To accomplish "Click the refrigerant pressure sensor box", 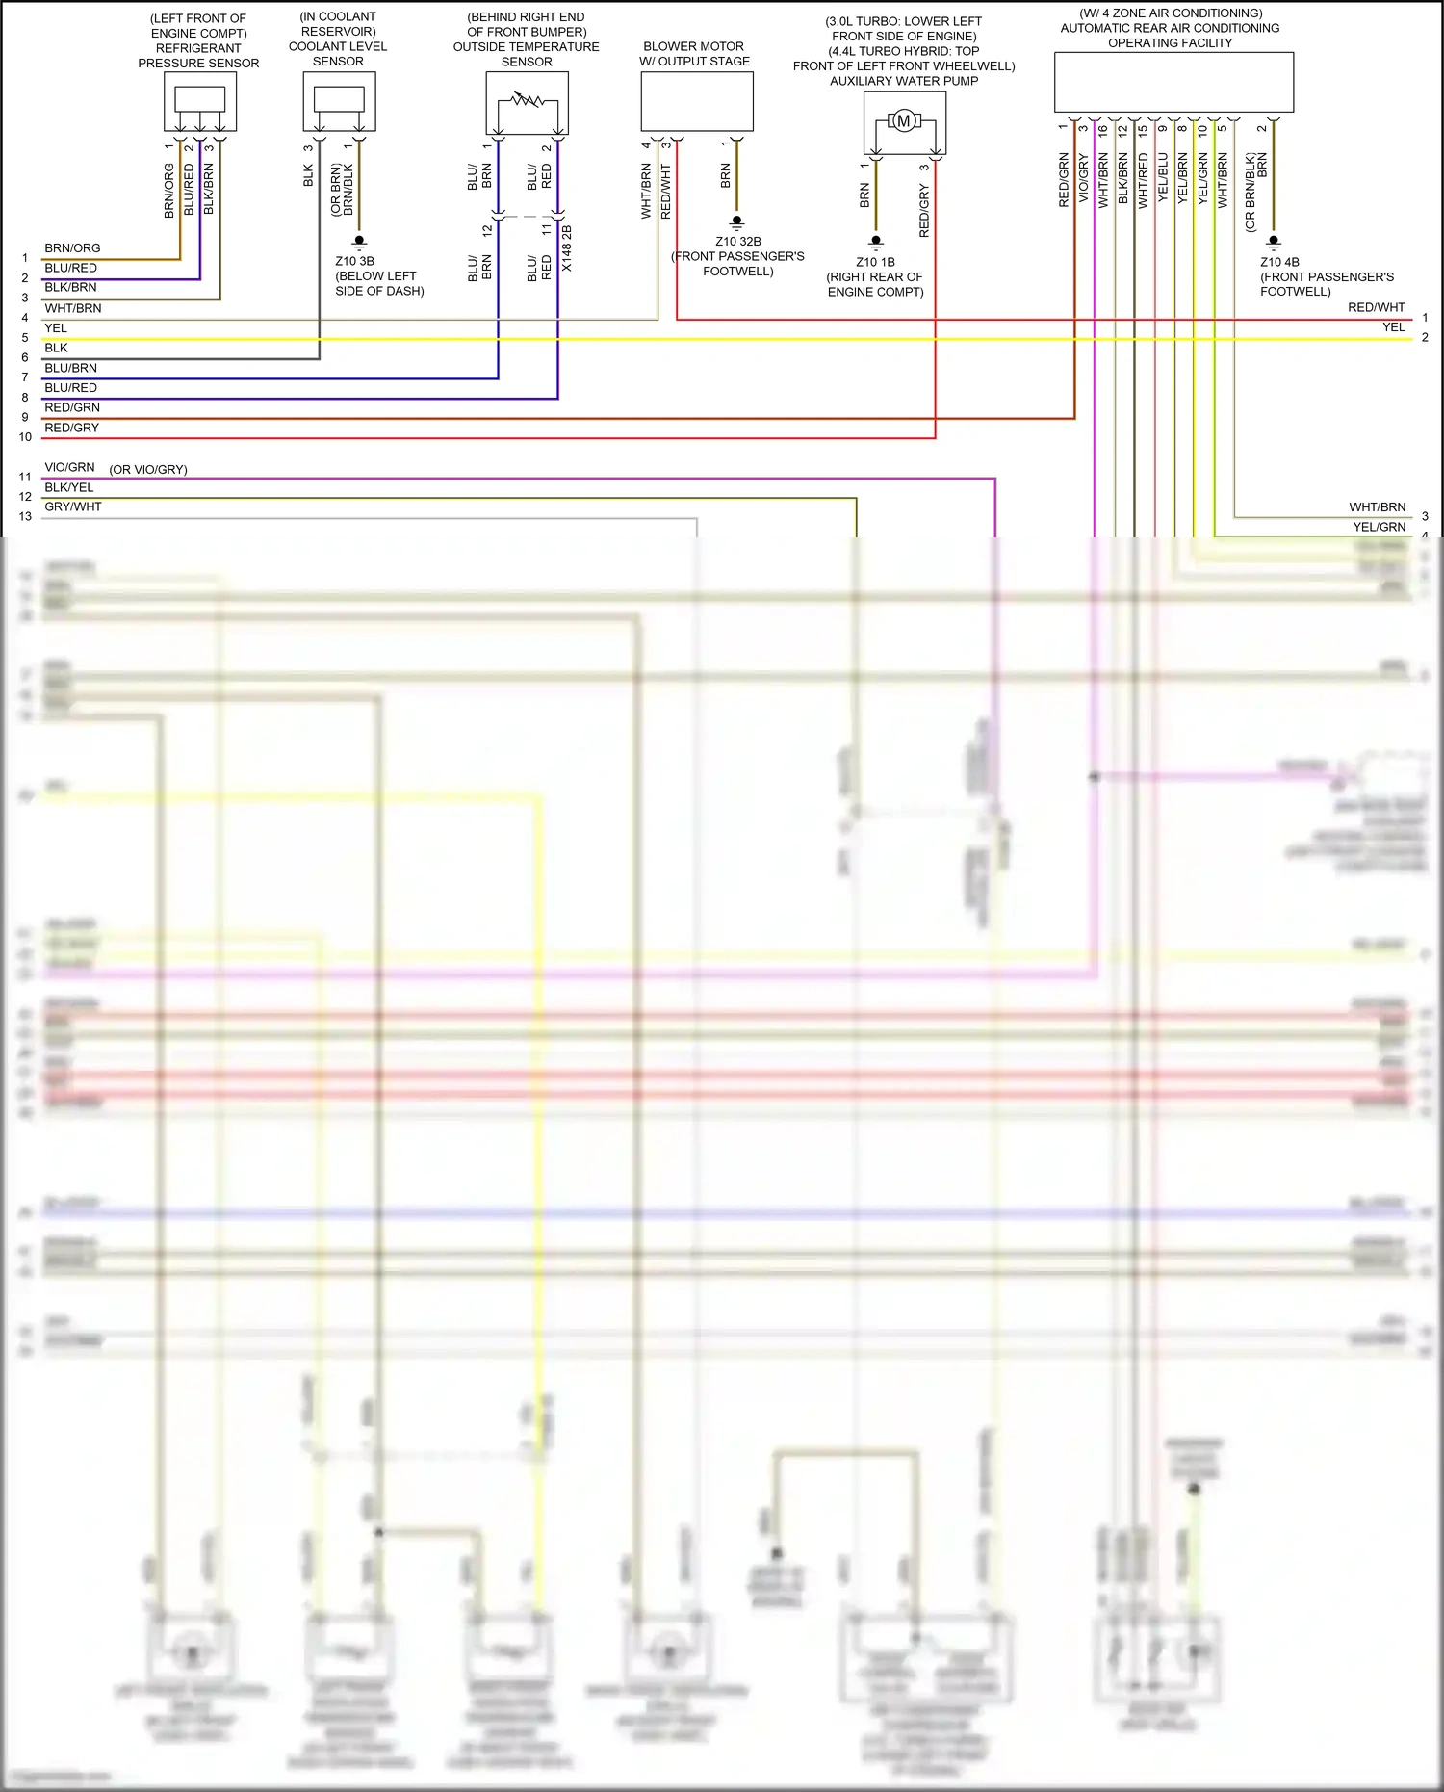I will (200, 101).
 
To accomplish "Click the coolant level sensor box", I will (339, 101).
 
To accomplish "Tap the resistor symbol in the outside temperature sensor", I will (527, 99).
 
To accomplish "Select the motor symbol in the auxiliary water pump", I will (903, 121).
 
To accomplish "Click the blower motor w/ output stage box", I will (697, 101).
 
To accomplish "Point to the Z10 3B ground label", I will (354, 261).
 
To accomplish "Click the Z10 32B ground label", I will (737, 242).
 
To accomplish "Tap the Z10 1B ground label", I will (875, 262).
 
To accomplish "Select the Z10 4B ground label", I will (1279, 262).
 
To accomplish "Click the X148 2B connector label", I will (567, 248).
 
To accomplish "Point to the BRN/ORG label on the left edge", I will (72, 248).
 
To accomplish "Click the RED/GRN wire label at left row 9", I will (72, 407).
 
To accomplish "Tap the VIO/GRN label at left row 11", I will (69, 467).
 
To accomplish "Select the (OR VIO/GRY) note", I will (148, 470).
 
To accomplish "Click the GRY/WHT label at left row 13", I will (73, 506).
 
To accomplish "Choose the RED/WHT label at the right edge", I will (1376, 307).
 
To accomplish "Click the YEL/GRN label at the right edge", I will (1379, 527).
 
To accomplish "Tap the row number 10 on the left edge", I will (25, 437).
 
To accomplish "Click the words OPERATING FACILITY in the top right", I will (1170, 43).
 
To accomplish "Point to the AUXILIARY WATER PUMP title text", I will (904, 81).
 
